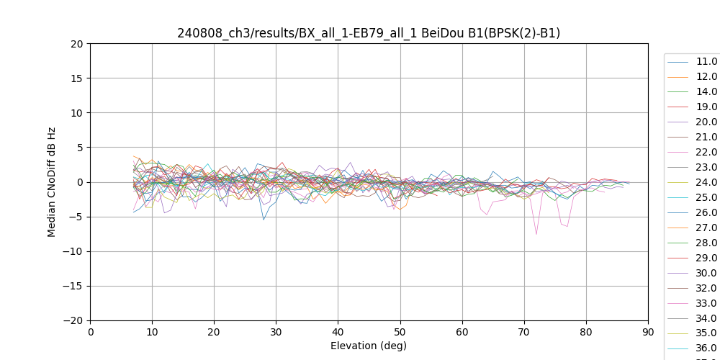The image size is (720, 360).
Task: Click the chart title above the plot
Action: coord(369,33)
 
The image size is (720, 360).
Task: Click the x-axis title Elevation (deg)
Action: coord(369,346)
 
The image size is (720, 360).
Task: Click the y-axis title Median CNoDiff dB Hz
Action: coord(52,182)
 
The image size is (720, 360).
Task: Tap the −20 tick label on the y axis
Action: coord(74,320)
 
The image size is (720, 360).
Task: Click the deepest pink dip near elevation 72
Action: coord(536,234)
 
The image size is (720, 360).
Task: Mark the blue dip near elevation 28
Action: coord(264,220)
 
